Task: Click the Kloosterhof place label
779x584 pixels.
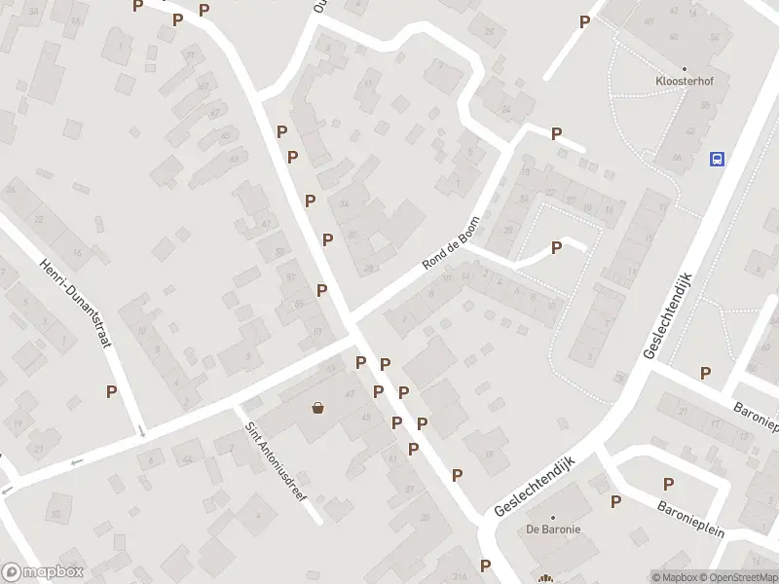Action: (x=684, y=82)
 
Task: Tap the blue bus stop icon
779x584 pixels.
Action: (x=718, y=159)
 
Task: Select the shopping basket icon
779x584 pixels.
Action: (x=317, y=408)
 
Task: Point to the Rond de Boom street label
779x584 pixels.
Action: (x=451, y=243)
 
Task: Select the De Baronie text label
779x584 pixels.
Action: (x=553, y=529)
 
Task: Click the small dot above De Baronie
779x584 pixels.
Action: (x=553, y=518)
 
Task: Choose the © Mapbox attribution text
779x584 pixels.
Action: (x=675, y=577)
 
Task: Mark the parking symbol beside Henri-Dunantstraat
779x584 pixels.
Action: (x=112, y=391)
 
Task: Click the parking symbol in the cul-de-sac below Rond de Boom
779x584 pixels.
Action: (x=556, y=247)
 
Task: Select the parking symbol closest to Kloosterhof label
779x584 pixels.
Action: (x=584, y=21)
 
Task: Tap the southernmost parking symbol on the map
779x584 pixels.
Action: (x=485, y=566)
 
